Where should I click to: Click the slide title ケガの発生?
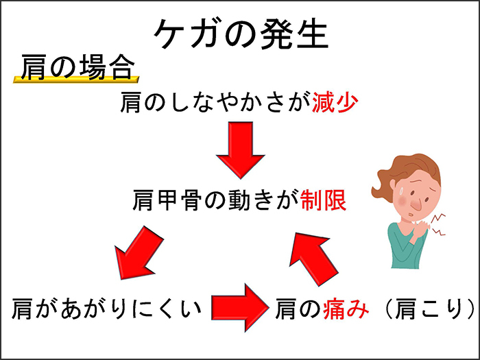pos(241,34)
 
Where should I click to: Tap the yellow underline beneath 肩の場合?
pos(76,80)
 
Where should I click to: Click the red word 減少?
pos(335,102)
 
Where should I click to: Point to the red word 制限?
pos(323,200)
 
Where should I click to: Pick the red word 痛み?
pos(346,309)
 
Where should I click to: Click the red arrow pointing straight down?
pos(241,150)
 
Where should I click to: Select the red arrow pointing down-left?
pos(139,253)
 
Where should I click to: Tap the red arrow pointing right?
pos(240,308)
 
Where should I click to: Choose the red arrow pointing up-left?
pos(313,259)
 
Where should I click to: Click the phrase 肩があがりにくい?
pos(106,309)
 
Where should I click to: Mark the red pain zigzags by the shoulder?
pos(437,224)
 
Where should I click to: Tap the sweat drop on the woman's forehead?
pos(400,191)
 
